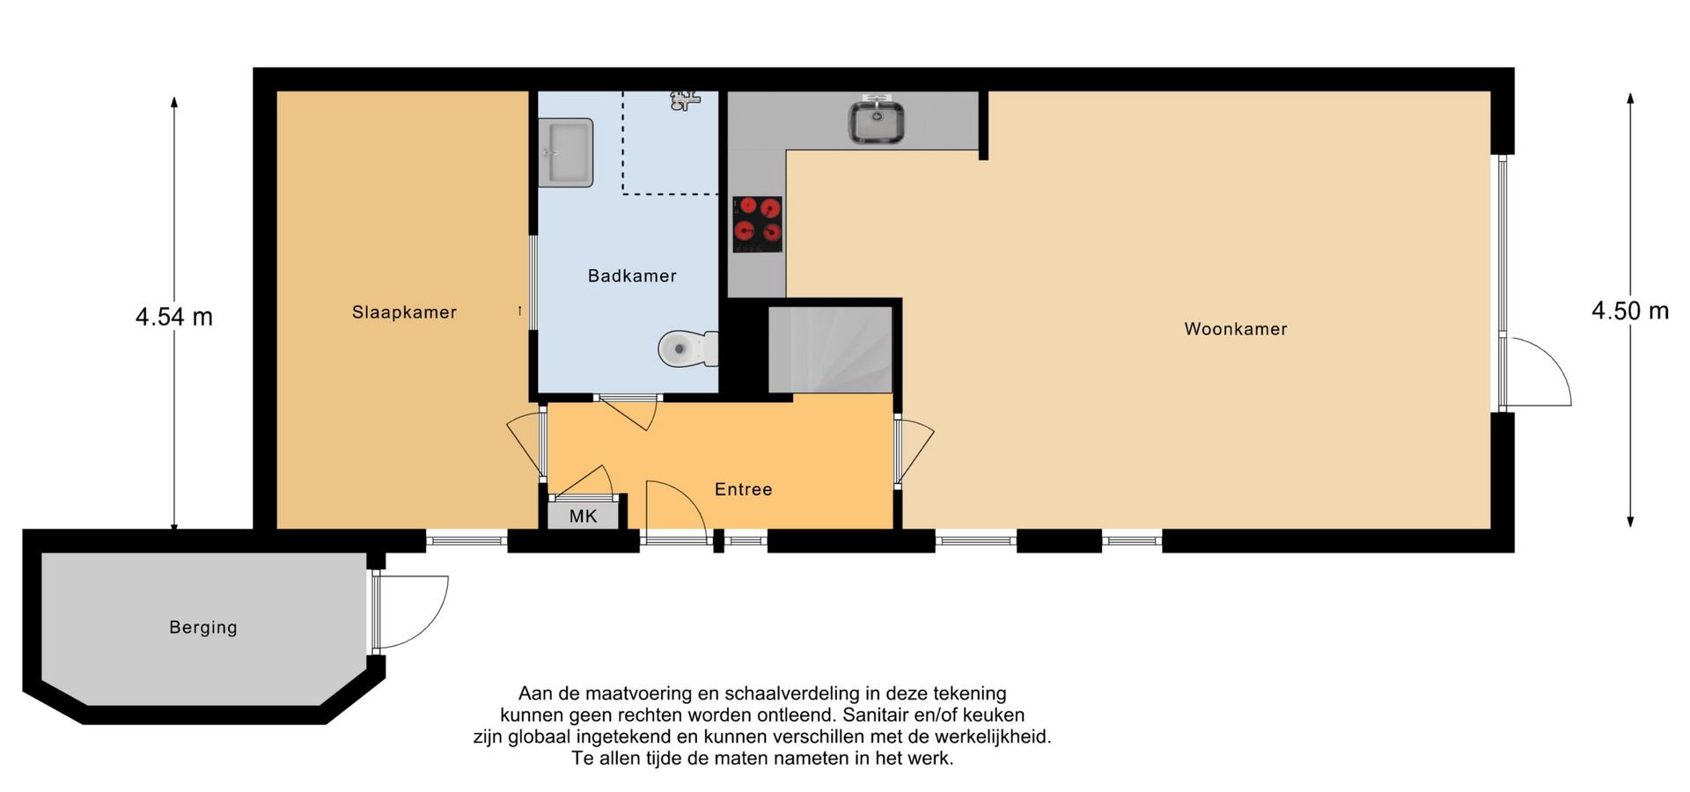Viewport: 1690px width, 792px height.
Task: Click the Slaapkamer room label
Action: click(404, 312)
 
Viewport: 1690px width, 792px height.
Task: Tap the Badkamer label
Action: click(632, 276)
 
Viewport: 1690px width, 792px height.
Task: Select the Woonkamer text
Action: click(1236, 329)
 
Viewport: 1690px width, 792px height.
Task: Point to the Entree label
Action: click(743, 489)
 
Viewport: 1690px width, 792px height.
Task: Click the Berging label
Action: click(203, 627)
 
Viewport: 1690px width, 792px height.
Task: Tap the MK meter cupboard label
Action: click(583, 517)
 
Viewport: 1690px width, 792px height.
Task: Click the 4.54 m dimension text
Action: click(174, 317)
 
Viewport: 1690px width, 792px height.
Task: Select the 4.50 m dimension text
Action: click(1630, 311)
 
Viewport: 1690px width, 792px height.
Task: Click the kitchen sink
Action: click(877, 122)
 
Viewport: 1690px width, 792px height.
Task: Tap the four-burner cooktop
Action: click(757, 224)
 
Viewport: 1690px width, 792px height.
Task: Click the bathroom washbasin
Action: click(565, 152)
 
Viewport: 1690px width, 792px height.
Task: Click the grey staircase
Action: click(830, 349)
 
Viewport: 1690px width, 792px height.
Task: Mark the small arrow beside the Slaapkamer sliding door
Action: click(519, 311)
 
